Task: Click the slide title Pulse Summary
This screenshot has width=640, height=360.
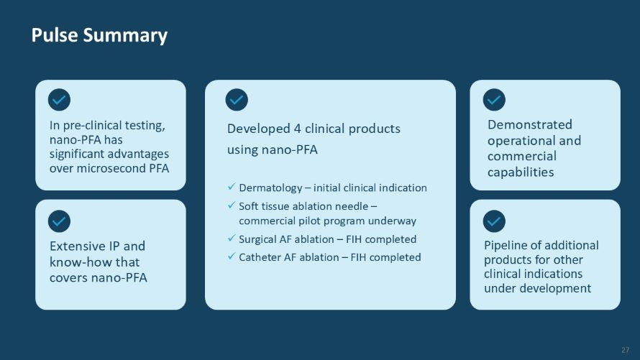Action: click(99, 35)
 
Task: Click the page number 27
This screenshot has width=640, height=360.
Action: click(625, 349)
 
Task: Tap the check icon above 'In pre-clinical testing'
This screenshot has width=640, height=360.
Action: click(59, 100)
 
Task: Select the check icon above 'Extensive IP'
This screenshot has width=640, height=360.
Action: click(59, 221)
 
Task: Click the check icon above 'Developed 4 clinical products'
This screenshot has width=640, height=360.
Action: click(237, 100)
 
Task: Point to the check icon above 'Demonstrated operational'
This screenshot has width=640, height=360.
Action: click(494, 100)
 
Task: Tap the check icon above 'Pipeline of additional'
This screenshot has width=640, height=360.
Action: click(494, 221)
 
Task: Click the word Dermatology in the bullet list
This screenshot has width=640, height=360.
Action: click(270, 188)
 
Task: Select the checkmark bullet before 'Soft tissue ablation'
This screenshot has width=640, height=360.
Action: click(232, 206)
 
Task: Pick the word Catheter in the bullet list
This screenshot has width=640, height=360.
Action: click(260, 257)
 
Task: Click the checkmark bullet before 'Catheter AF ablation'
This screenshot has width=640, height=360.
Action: click(232, 257)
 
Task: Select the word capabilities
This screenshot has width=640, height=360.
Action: click(521, 172)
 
